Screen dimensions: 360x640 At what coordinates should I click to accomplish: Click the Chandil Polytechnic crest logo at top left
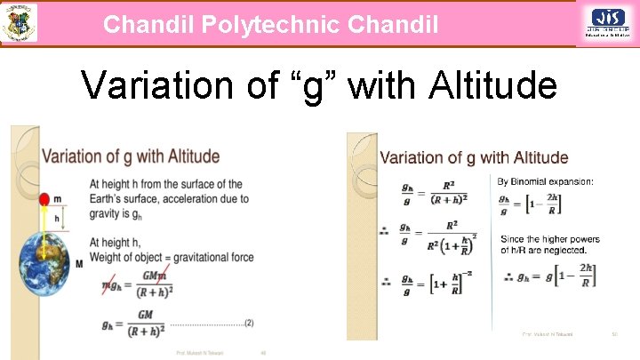[19, 22]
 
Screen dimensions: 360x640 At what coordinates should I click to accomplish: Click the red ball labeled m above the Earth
[44, 199]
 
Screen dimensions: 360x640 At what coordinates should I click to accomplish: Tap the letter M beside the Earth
[79, 264]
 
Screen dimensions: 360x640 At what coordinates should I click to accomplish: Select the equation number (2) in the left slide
[248, 323]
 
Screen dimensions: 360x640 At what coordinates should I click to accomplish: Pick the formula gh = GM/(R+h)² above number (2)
[134, 324]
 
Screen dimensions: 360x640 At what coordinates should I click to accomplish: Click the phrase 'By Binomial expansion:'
[545, 181]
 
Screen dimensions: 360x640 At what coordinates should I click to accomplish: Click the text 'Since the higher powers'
[549, 239]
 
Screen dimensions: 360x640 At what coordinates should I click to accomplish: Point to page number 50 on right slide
[614, 334]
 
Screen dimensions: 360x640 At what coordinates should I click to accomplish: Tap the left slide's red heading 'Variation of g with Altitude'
[131, 156]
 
